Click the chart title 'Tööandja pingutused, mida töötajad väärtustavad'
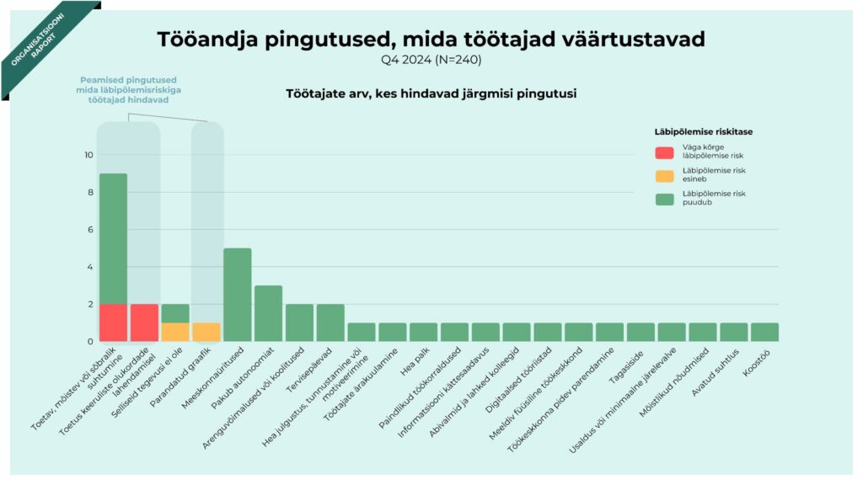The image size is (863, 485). coord(431,39)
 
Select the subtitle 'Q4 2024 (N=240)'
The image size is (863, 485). coord(431,60)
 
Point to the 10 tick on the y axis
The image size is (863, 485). coord(88,155)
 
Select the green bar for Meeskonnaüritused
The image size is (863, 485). coord(237,295)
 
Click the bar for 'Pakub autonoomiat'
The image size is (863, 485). coord(268,313)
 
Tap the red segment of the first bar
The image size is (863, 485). coord(113,322)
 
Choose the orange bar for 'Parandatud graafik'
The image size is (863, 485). coord(206,332)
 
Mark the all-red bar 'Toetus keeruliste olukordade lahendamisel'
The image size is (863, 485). coord(144,322)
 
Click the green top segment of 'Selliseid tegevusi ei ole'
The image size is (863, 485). coord(175,313)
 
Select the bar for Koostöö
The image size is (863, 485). coord(764,332)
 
